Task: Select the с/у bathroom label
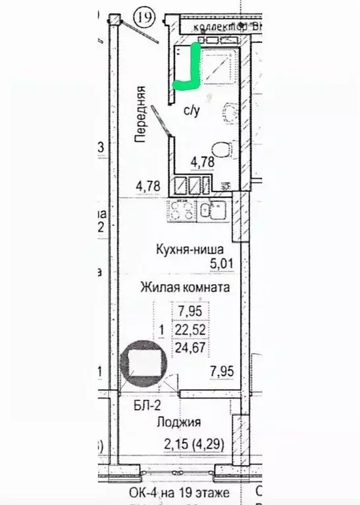pos(192,111)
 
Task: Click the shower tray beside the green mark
pos(216,66)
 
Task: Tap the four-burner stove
pos(182,211)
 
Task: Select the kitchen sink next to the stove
pos(212,211)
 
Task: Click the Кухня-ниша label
pos(190,249)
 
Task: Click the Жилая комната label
pos(184,287)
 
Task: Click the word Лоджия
pos(179,422)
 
